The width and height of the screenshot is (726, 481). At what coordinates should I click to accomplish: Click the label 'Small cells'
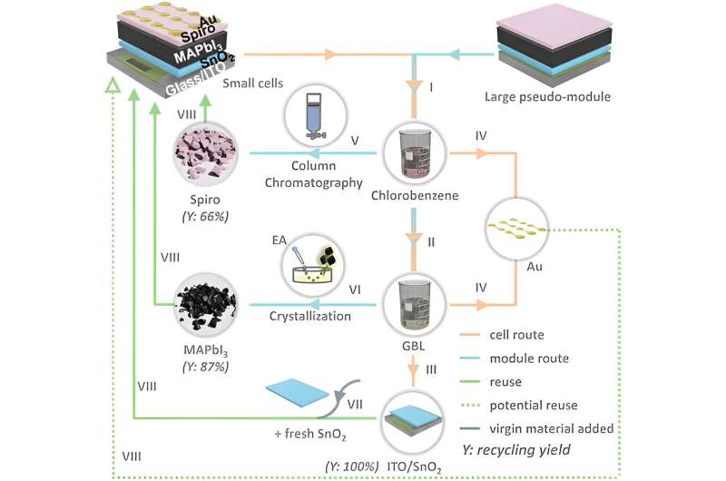tap(249, 83)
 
